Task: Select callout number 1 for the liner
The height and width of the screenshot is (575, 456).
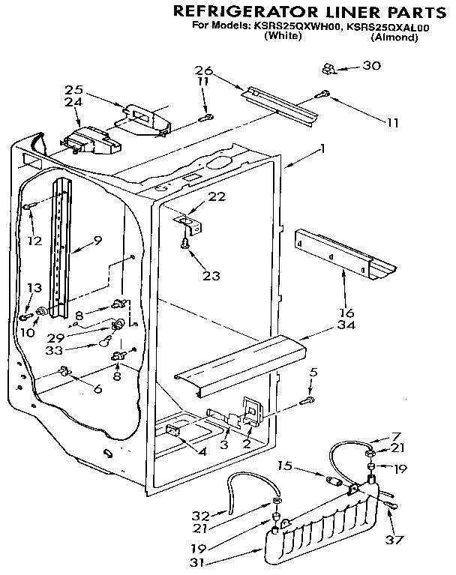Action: coord(322,149)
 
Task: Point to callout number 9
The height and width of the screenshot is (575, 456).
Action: coord(97,241)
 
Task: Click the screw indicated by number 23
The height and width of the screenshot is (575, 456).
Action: coord(183,244)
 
